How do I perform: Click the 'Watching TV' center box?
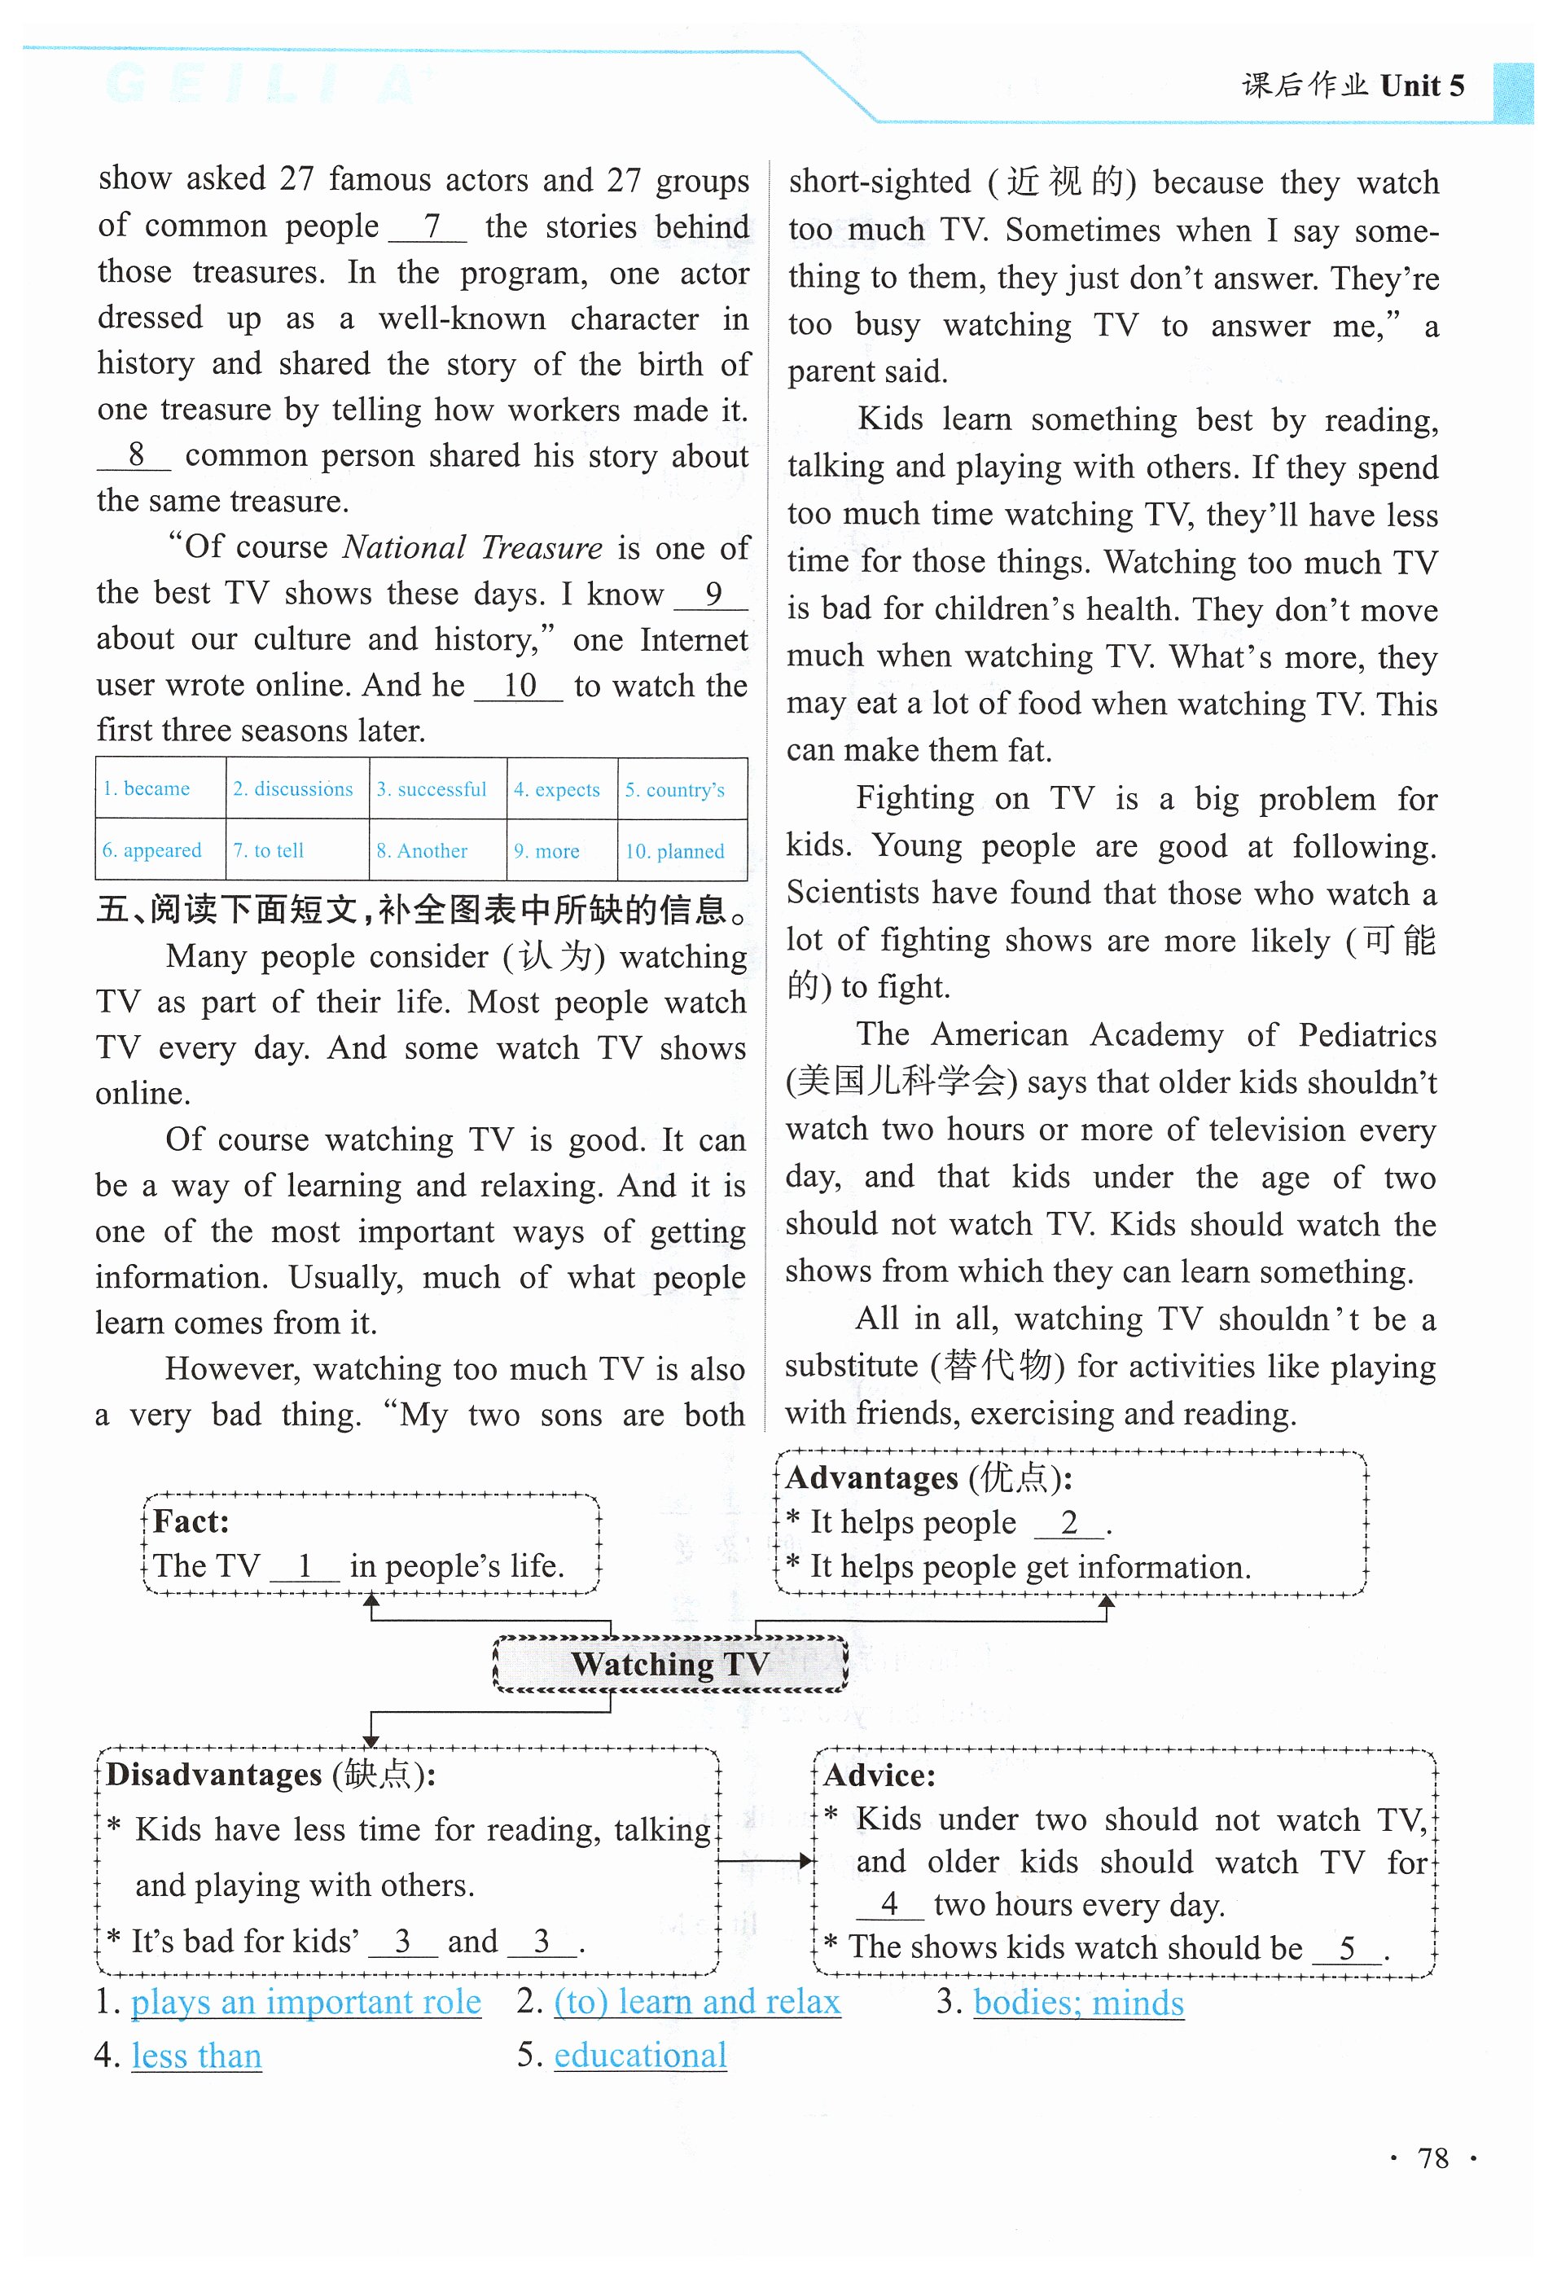670,1663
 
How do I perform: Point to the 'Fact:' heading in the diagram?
191,1521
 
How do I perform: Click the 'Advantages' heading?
872,1477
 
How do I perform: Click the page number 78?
1432,2157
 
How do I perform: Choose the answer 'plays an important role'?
305,2002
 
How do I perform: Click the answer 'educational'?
640,2055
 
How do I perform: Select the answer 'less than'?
197,2055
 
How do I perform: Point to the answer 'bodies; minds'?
1079,2002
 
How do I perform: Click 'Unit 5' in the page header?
1422,86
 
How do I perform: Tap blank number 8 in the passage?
135,454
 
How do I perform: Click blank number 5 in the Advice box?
1347,1947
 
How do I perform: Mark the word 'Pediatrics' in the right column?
1367,1035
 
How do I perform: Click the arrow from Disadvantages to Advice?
765,1860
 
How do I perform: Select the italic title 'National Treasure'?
472,547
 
